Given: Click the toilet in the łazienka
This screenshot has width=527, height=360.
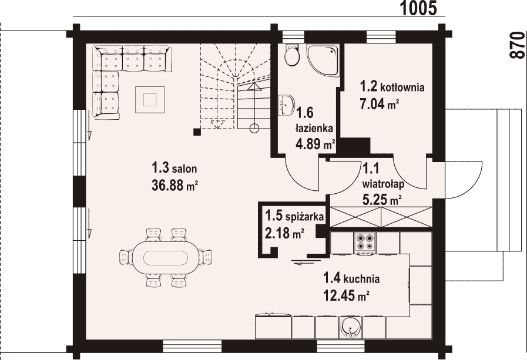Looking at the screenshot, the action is click(x=292, y=55).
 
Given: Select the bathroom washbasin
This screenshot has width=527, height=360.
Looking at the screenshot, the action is click(x=286, y=105).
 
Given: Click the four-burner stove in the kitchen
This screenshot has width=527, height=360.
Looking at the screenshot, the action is click(x=365, y=242).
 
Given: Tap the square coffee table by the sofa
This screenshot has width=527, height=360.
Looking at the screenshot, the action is click(x=150, y=100).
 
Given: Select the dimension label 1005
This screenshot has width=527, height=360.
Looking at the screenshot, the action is click(x=419, y=8).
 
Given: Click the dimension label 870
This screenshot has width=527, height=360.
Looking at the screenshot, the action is click(x=517, y=45).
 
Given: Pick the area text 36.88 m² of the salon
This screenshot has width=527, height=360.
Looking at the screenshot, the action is click(x=174, y=185).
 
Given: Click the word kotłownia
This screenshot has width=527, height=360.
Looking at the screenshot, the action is click(x=402, y=88).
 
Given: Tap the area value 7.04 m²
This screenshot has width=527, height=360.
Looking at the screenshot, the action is click(x=380, y=104).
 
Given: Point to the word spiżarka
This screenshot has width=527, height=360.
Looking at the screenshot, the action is click(x=304, y=217).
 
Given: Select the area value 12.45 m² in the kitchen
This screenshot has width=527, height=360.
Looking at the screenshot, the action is click(x=346, y=295).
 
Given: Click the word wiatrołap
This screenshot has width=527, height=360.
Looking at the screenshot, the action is click(x=384, y=184).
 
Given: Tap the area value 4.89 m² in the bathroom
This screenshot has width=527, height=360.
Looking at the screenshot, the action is click(x=315, y=144).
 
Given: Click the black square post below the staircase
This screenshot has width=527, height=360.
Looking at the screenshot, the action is click(x=197, y=132).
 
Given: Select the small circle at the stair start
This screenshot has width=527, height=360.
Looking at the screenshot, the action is click(x=254, y=127).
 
